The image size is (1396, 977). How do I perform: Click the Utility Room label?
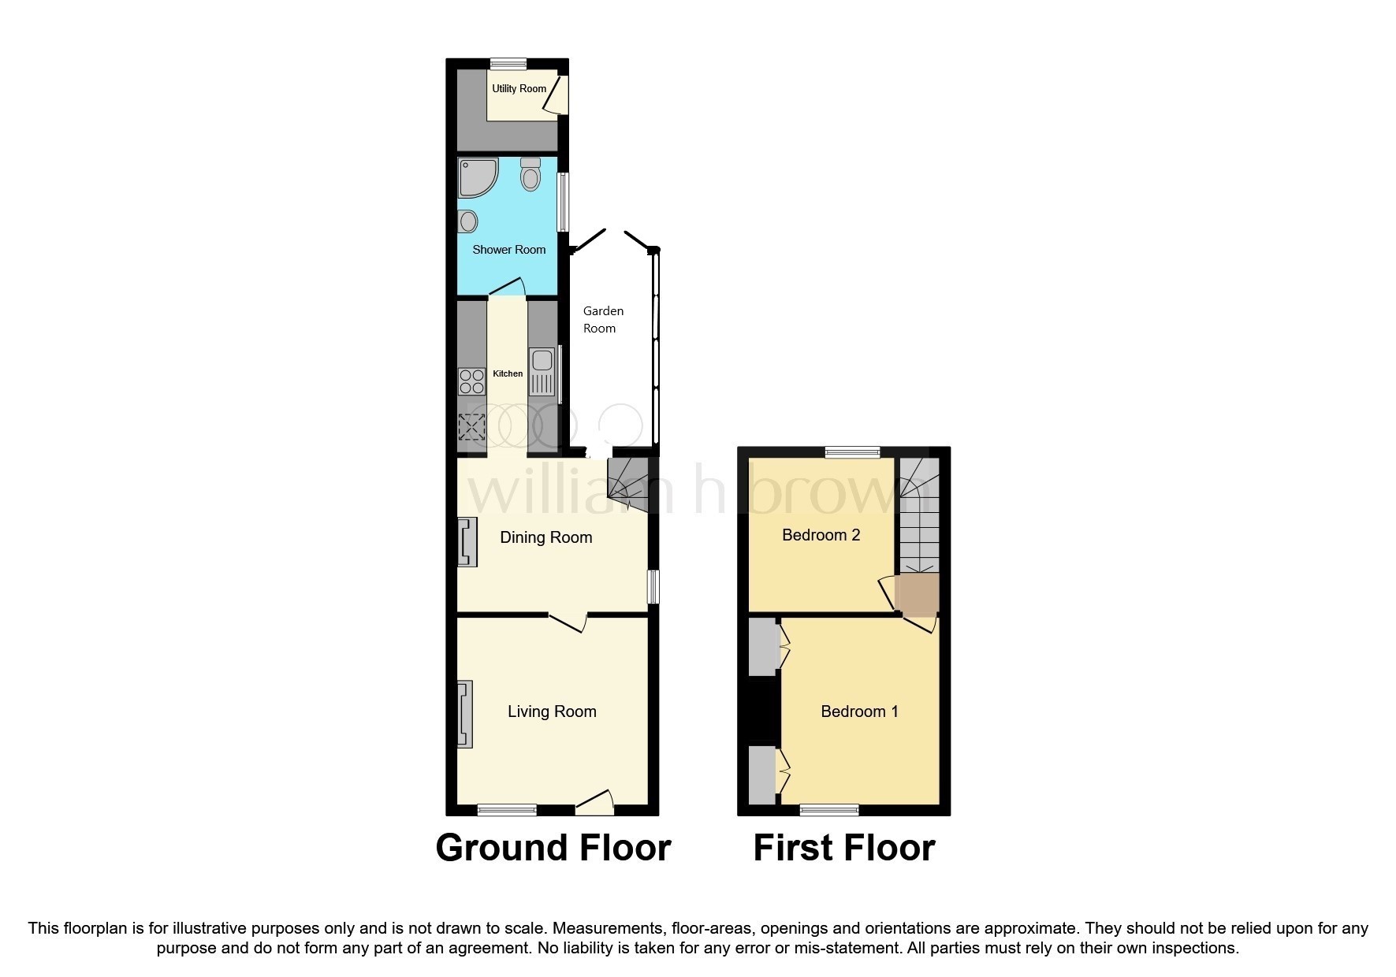point(519,88)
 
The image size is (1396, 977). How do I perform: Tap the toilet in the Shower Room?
point(530,173)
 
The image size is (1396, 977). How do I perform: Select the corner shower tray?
point(478,176)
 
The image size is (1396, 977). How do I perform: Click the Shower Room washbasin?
point(468,221)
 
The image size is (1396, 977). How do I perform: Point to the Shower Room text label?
point(508,250)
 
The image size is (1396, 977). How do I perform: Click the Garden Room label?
point(603,320)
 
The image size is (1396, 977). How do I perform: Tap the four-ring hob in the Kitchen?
point(471,381)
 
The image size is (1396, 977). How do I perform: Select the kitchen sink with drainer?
point(542,371)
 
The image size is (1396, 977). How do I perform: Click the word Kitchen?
point(508,373)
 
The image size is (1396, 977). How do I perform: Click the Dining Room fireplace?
point(467,542)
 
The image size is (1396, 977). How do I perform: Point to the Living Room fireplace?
point(465,714)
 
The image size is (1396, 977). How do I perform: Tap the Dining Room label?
point(545,537)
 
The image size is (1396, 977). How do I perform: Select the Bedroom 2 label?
point(821,535)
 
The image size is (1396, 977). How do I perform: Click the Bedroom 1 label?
point(859,711)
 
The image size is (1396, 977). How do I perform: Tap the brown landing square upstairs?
point(917,593)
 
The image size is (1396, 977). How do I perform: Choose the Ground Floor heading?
point(553,848)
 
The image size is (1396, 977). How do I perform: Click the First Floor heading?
point(843,848)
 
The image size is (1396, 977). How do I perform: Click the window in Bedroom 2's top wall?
point(852,451)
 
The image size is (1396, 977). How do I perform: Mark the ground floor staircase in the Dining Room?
point(627,481)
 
